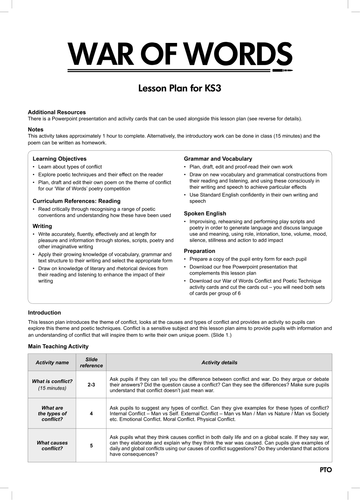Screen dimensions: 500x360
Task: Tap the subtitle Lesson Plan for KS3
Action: coord(180,89)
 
